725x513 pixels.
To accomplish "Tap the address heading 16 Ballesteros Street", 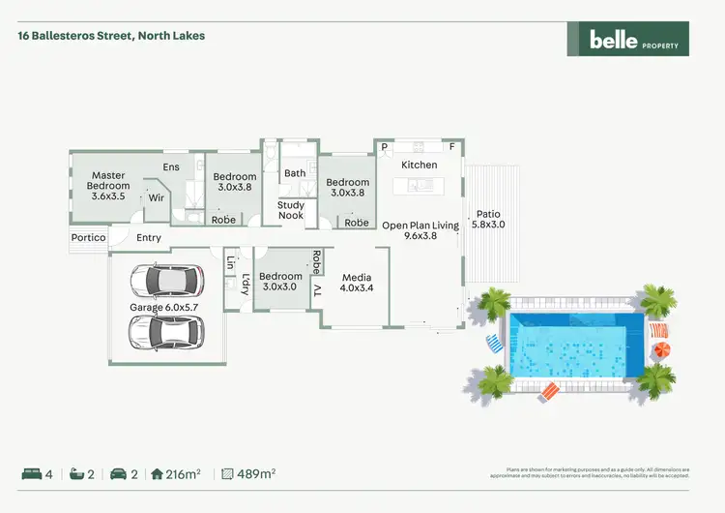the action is [111, 36].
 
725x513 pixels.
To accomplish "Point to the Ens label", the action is [171, 167].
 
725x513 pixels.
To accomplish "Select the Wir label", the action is [156, 198].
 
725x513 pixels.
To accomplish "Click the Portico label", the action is [88, 238].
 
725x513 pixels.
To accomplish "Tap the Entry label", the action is [149, 238].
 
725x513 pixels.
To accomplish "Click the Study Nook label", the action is [291, 210].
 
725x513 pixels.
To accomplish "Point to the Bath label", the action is [295, 173].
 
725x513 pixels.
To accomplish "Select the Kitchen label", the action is [420, 166].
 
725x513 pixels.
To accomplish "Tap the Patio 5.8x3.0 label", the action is [489, 220].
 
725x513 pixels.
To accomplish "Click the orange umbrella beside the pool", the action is [661, 349].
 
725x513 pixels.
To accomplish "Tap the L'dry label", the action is [246, 285].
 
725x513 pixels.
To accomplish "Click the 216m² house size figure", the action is [183, 474].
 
